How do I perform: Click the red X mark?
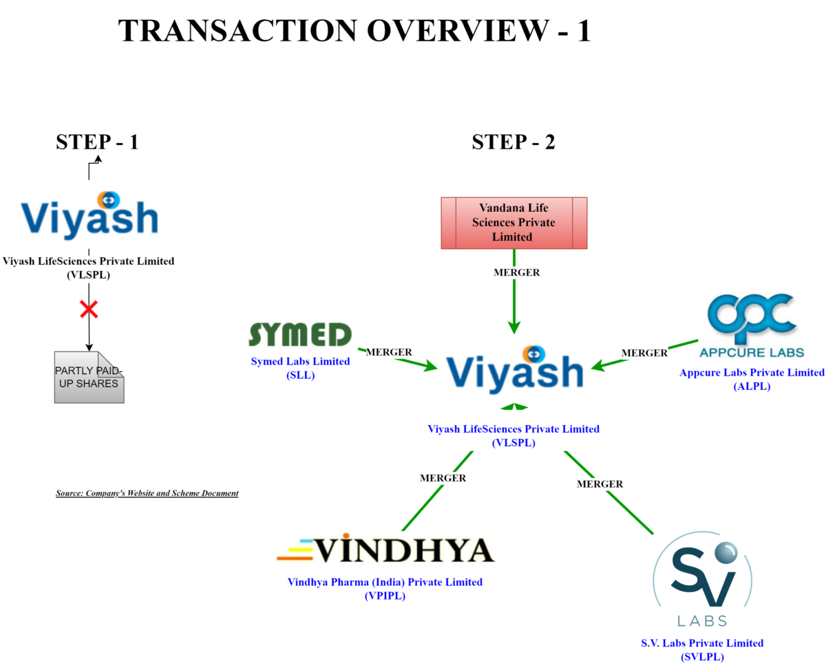[89, 309]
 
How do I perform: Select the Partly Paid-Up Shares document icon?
[89, 377]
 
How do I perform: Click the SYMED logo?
[300, 335]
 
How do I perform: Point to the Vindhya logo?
[385, 550]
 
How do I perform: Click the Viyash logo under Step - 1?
[89, 215]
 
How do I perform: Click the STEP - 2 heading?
[513, 142]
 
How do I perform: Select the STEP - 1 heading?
[97, 142]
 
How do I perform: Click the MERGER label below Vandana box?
[517, 273]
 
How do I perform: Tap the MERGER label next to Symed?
[389, 352]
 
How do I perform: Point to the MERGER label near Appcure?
[644, 354]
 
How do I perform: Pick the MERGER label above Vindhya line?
[443, 478]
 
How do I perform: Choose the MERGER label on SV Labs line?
[600, 484]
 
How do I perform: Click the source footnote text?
[147, 493]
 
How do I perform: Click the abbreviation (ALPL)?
[752, 386]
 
